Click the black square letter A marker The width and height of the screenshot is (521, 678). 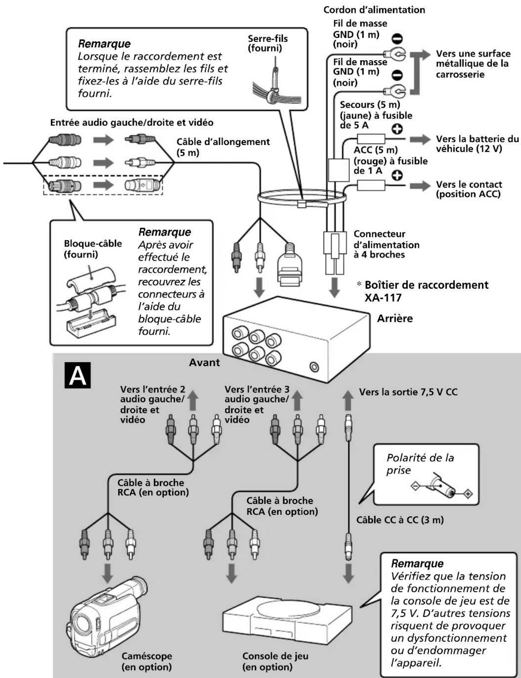[x=78, y=375]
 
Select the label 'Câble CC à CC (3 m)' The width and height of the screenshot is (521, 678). [x=400, y=519]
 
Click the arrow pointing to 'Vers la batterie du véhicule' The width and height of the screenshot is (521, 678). [x=420, y=140]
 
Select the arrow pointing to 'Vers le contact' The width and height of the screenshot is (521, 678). [x=420, y=185]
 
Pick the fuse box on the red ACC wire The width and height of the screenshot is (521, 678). [x=371, y=185]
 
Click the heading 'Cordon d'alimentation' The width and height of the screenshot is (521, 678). [x=374, y=10]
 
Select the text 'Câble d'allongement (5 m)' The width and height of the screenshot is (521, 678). [x=223, y=147]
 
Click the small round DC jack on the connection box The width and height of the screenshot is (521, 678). [x=314, y=367]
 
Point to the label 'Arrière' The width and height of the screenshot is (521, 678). [x=395, y=319]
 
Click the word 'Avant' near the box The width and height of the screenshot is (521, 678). [x=204, y=362]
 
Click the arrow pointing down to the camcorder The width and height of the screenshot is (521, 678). [x=108, y=573]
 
